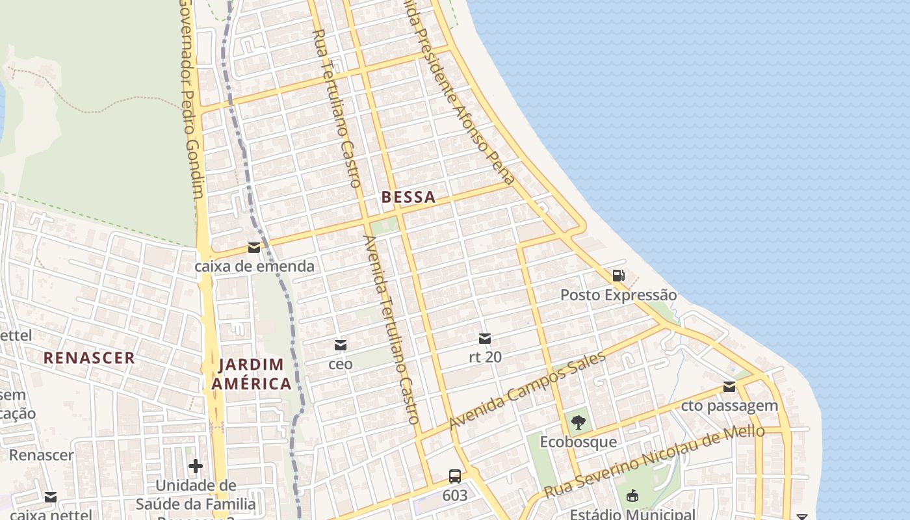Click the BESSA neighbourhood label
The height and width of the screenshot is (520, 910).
tap(408, 198)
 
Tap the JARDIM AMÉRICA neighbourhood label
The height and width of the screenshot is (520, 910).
tap(252, 374)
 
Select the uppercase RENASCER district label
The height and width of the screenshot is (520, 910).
tap(89, 357)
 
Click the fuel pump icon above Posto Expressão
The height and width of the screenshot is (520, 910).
tap(618, 276)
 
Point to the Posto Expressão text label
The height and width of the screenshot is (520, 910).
tap(618, 295)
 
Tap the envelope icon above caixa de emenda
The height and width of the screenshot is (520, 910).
tap(254, 248)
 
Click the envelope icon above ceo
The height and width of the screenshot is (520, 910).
tap(340, 344)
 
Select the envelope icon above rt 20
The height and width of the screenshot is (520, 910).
tap(485, 338)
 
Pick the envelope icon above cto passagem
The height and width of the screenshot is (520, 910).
tap(729, 387)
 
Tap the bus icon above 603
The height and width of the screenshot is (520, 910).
tap(455, 476)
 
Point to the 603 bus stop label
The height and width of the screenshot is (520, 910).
tap(455, 496)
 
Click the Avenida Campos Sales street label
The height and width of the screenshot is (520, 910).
tap(527, 389)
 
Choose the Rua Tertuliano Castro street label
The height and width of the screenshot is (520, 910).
tap(336, 108)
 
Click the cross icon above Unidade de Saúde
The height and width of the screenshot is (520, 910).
tap(196, 466)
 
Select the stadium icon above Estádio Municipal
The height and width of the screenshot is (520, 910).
tap(632, 497)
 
